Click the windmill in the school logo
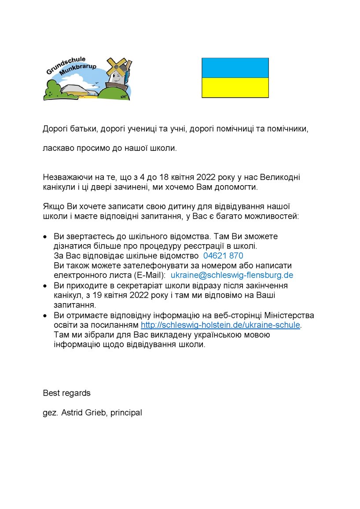[117, 70]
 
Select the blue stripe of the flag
[235, 68]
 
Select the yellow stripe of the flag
[235, 88]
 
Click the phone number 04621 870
[223, 256]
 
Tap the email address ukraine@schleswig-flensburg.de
[231, 275]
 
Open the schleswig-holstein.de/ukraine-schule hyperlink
[220, 325]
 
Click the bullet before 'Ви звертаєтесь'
[45, 237]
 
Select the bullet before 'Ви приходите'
[45, 286]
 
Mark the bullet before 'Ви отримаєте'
[45, 315]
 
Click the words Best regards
[66, 393]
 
